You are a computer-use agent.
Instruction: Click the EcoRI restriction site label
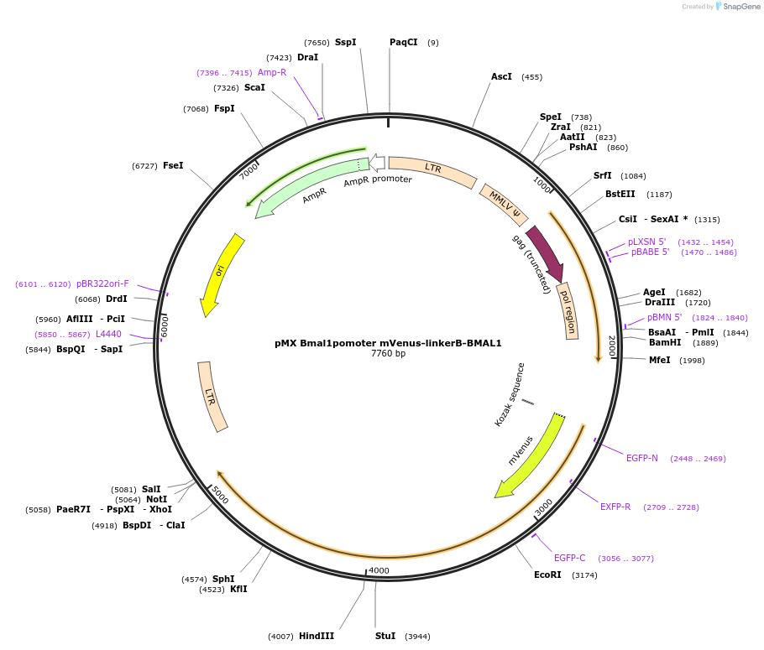click(547, 575)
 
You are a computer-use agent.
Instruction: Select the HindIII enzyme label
click(317, 636)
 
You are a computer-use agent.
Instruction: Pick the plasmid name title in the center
click(388, 343)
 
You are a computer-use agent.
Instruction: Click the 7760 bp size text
click(388, 354)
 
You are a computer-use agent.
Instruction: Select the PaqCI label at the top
click(403, 42)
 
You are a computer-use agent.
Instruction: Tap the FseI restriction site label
click(173, 166)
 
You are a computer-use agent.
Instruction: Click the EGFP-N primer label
click(642, 458)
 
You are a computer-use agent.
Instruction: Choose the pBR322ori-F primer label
click(102, 284)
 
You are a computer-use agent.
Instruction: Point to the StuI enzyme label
click(385, 636)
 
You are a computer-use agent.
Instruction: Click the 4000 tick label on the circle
click(379, 571)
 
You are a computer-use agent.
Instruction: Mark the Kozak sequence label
click(510, 394)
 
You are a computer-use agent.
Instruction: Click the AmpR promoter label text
click(378, 179)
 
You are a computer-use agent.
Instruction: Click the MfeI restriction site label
click(660, 360)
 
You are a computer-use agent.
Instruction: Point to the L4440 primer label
click(108, 334)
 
